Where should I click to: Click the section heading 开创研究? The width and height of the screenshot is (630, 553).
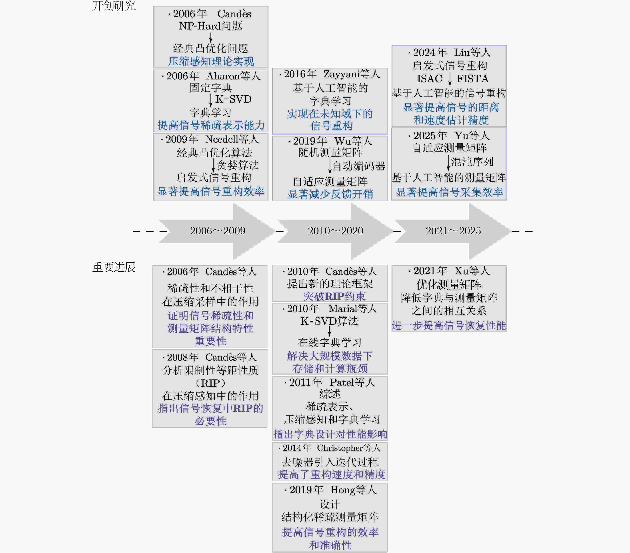point(114,6)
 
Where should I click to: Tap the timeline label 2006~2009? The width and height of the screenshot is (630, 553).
point(218,231)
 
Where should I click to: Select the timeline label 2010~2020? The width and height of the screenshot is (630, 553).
point(335,231)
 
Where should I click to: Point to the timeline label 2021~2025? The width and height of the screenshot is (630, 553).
point(453,231)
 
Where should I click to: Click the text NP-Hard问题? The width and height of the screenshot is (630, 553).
point(211,26)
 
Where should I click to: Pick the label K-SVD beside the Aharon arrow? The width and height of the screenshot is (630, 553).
point(233,99)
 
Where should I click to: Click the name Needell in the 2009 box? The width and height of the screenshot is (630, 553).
point(222,139)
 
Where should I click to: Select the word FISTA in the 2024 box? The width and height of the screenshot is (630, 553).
point(472,79)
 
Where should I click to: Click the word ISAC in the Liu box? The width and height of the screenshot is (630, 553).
point(430,79)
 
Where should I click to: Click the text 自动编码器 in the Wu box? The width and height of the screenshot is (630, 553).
point(359,166)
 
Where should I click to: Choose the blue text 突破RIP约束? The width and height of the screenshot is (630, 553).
point(334,296)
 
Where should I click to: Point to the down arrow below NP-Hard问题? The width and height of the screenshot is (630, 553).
point(211,37)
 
